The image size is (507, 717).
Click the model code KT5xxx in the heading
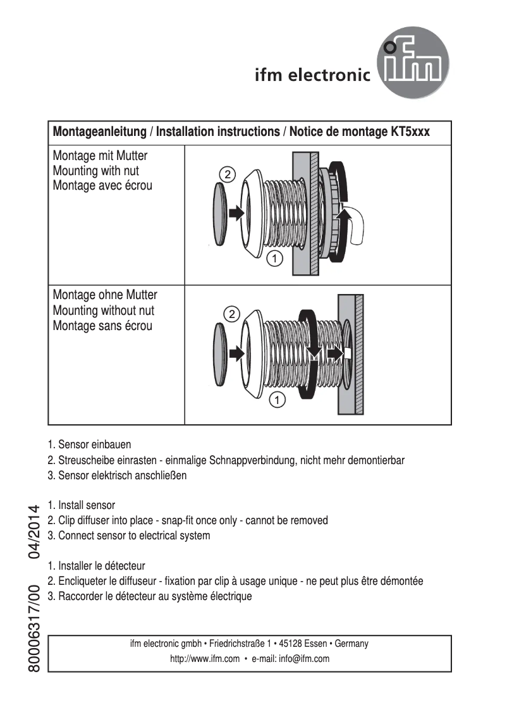pos(407,132)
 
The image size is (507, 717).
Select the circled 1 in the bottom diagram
pos(277,399)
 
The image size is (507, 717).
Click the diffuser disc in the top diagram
pos(219,214)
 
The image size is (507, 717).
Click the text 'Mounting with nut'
pos(95,171)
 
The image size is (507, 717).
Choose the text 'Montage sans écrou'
pos(102,326)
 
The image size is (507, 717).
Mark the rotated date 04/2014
pos(34,531)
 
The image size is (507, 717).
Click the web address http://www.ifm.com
pos(205,658)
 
